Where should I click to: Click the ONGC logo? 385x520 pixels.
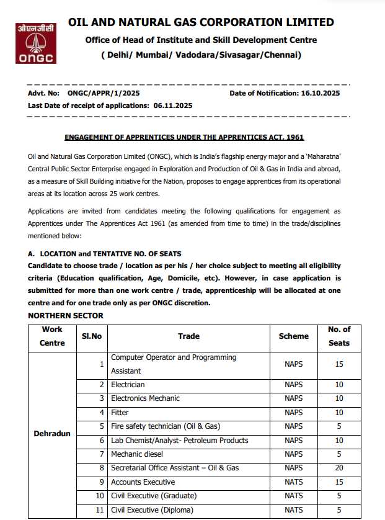click(36, 43)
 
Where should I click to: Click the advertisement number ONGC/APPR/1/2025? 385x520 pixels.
click(104, 93)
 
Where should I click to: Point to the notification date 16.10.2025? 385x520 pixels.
click(320, 93)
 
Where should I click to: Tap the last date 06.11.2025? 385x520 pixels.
click(171, 105)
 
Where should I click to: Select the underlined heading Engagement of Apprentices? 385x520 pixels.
click(184, 137)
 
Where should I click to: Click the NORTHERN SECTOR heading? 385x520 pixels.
click(66, 316)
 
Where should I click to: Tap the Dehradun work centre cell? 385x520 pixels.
click(52, 433)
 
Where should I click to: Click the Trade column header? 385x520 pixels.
click(188, 336)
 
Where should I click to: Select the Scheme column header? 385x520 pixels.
click(293, 336)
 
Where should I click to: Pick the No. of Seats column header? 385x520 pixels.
click(339, 336)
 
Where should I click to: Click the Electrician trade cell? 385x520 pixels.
click(128, 385)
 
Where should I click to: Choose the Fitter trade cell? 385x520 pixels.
click(120, 412)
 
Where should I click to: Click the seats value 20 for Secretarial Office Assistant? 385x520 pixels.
click(339, 468)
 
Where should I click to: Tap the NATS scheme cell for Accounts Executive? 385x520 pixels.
click(293, 482)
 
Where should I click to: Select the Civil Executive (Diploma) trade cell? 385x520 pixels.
click(152, 510)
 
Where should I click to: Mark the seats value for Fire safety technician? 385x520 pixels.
click(339, 426)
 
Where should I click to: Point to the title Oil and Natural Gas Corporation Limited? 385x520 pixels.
click(201, 22)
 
